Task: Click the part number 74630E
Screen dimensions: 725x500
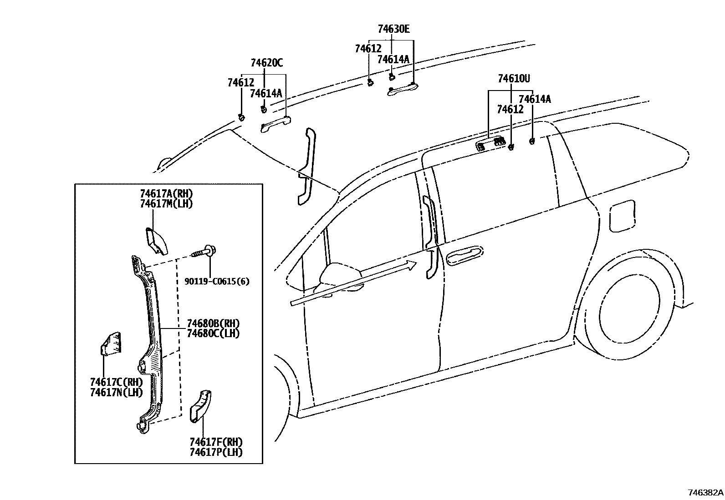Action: (393, 29)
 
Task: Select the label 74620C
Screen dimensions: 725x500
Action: (267, 63)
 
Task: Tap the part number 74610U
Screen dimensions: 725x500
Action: (514, 78)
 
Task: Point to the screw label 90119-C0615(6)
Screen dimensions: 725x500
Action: (217, 281)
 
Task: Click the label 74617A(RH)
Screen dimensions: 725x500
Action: (166, 194)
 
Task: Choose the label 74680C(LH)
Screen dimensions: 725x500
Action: (213, 333)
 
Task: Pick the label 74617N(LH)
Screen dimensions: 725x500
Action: (117, 392)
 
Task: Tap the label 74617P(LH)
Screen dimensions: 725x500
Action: (216, 452)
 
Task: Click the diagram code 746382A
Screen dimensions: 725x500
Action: (705, 492)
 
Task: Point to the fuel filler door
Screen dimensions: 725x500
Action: (622, 216)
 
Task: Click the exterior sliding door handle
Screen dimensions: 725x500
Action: (465, 256)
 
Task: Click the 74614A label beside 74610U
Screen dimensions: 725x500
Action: (535, 99)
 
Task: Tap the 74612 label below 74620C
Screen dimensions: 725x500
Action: (241, 82)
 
